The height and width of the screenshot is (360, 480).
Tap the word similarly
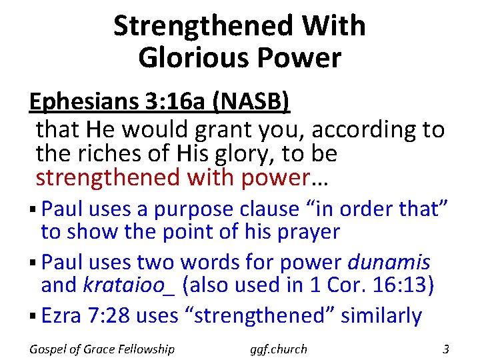click(x=381, y=315)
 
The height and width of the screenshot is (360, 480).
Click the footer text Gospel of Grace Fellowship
click(x=102, y=349)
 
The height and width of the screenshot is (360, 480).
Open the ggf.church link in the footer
click(x=279, y=349)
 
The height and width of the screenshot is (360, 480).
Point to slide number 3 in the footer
click(x=446, y=348)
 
